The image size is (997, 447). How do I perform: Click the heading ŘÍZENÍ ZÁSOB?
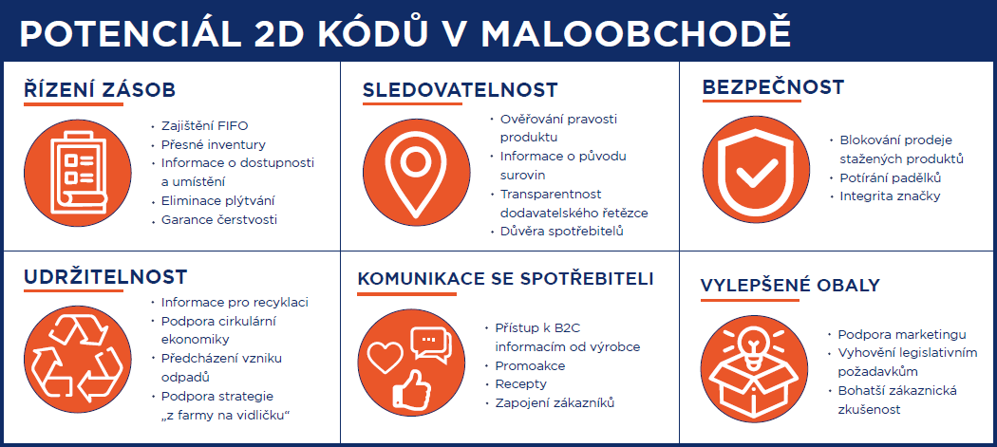(100, 89)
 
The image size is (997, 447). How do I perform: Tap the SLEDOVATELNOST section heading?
(460, 90)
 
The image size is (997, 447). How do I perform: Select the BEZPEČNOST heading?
(773, 87)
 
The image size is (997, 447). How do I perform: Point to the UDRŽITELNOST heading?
(105, 277)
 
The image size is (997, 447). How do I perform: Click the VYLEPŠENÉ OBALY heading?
(790, 286)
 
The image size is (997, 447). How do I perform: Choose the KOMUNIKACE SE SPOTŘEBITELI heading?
(505, 280)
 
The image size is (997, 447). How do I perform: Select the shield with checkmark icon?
(756, 168)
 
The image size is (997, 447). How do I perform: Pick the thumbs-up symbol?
(411, 388)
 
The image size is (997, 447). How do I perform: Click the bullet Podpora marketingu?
(897, 334)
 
